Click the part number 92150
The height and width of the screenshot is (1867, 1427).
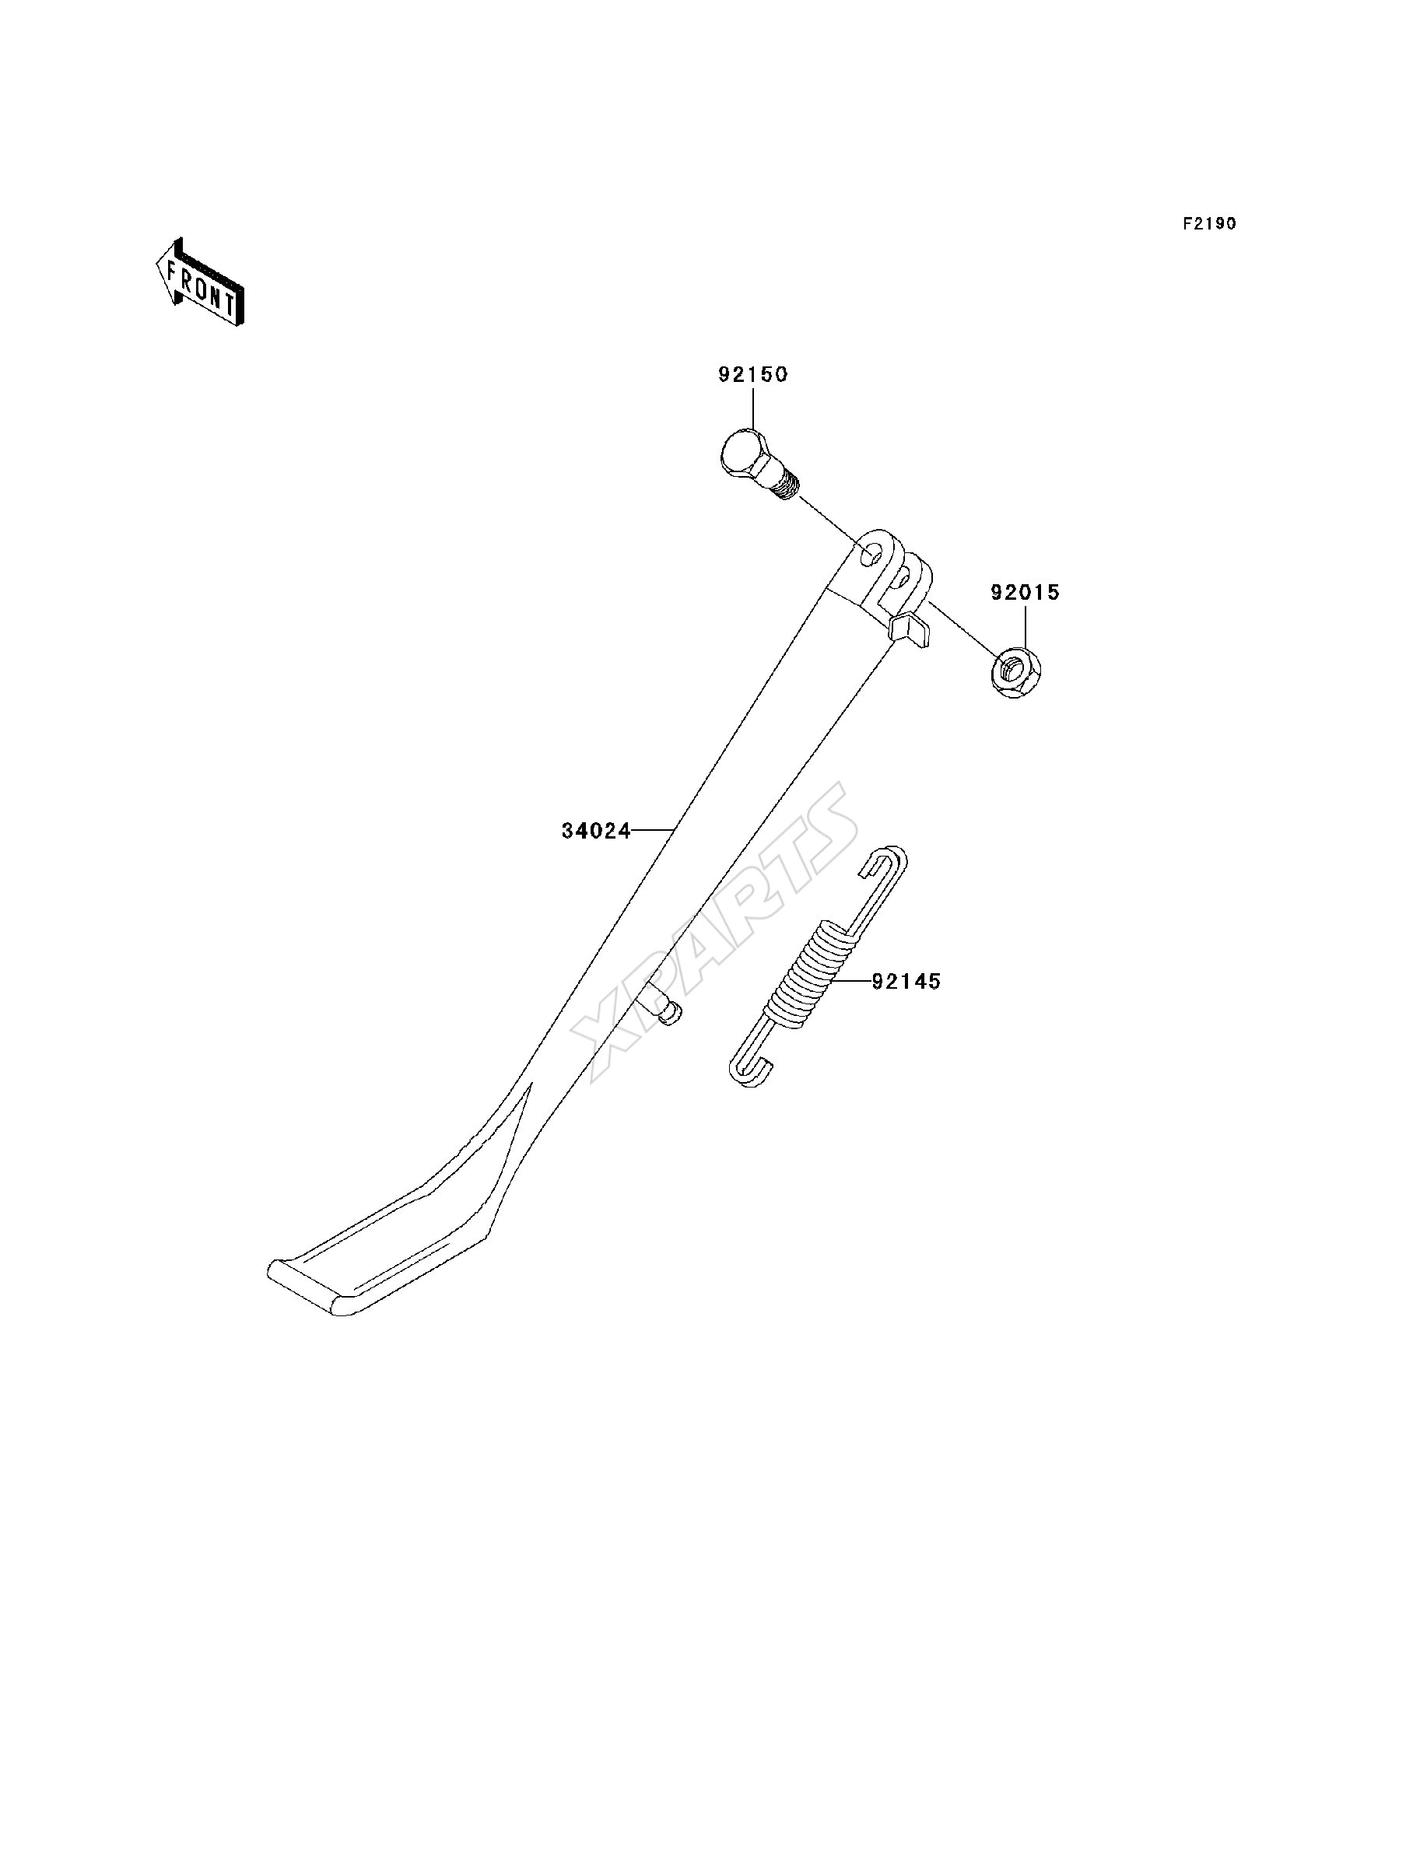tap(752, 374)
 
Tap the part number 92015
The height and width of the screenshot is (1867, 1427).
tap(1026, 593)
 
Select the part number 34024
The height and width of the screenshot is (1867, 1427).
tap(596, 831)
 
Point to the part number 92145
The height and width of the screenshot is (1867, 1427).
tap(906, 982)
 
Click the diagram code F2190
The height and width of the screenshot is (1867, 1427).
tap(1210, 223)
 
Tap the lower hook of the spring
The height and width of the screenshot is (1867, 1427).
tap(752, 1070)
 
